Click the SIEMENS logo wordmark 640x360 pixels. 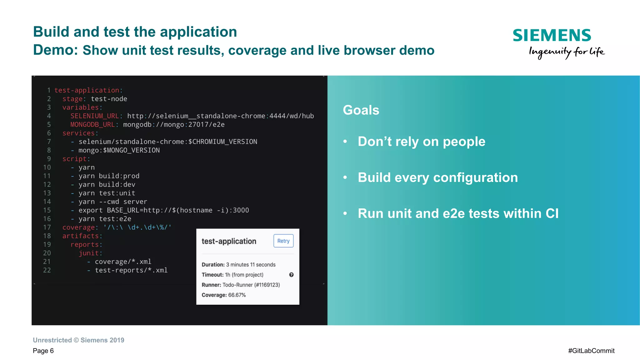552,35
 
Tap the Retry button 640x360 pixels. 283,241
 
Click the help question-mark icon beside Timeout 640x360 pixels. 291,275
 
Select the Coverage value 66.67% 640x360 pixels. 237,295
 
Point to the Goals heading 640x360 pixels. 361,110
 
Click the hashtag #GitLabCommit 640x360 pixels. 591,351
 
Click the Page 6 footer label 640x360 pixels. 43,351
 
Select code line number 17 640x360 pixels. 47,227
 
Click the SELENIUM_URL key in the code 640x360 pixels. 94,116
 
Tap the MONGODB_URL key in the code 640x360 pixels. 92,125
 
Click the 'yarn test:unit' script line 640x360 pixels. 107,193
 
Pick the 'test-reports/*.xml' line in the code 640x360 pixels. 131,270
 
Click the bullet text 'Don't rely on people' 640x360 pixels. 421,142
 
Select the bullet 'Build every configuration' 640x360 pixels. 437,177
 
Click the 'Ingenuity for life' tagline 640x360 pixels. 567,52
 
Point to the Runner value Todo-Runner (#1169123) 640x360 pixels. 251,285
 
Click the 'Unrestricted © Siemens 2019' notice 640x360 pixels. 78,340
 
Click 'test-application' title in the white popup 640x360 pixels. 229,241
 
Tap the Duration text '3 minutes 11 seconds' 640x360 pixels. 251,265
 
